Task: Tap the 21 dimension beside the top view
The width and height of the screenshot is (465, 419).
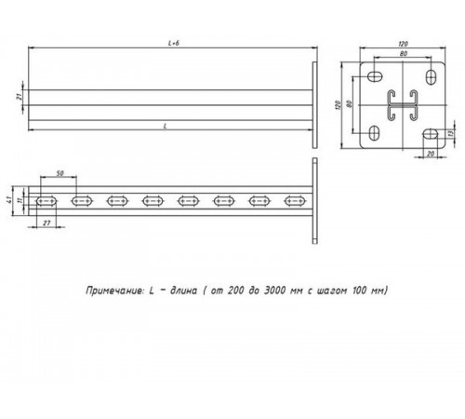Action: point(19,97)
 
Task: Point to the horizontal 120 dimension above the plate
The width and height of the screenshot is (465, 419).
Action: point(404,43)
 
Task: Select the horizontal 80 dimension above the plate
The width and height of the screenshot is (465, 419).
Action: point(404,53)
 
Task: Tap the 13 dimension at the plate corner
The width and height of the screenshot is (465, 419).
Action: point(453,133)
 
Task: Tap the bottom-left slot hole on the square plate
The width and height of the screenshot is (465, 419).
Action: point(377,130)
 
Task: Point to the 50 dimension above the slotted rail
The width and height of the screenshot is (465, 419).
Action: point(60,174)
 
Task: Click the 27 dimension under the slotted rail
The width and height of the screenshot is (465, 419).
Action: point(45,223)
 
